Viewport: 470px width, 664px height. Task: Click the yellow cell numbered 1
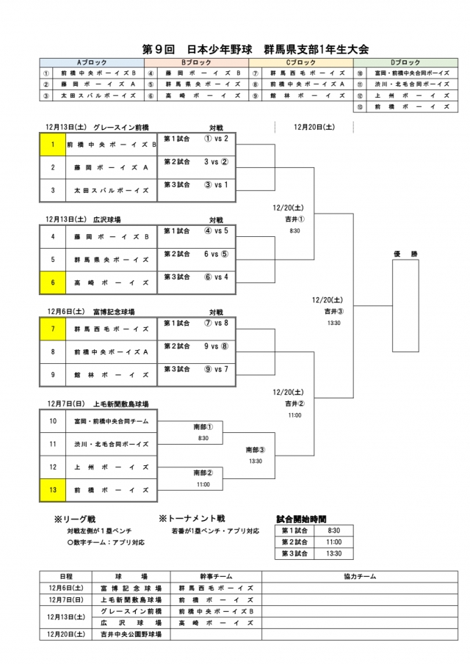[53, 145]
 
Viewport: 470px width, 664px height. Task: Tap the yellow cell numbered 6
[53, 281]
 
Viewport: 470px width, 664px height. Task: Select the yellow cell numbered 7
[53, 329]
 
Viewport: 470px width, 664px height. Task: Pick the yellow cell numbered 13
[53, 489]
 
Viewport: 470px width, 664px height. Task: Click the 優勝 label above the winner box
[405, 254]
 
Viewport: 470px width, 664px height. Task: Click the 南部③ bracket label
[256, 450]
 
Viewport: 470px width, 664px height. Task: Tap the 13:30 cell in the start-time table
[333, 554]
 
